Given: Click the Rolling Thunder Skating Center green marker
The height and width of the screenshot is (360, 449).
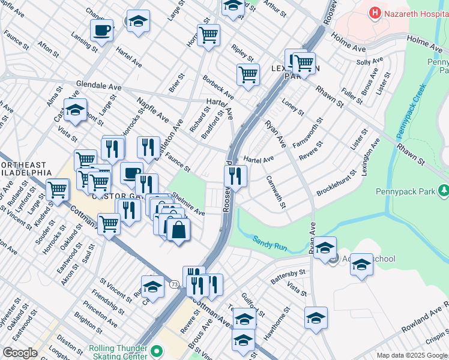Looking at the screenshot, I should coord(157,351).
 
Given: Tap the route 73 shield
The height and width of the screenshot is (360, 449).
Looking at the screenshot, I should coord(173,284).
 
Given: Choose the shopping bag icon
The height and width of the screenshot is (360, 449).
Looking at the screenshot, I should coord(178,230).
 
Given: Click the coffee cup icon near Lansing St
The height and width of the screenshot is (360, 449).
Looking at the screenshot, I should coord(101,29).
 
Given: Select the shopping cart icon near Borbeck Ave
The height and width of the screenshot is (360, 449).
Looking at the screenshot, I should coord(248,75).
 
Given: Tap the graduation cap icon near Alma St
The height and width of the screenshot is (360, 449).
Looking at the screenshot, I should coord(76,110).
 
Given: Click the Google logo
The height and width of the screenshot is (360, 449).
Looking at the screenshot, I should coord(20,353).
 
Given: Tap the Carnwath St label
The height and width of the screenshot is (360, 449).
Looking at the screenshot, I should coord(276,193).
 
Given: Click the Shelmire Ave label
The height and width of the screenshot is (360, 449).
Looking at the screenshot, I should coord(188,205).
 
